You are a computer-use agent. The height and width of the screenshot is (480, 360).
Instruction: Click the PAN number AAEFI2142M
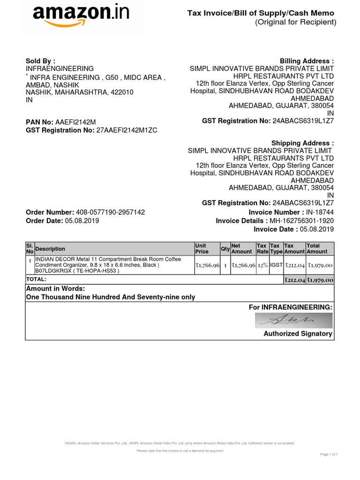tap(75, 122)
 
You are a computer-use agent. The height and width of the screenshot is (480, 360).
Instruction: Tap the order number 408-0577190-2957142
tap(110, 212)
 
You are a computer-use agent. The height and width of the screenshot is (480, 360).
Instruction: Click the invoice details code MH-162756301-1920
tap(302, 221)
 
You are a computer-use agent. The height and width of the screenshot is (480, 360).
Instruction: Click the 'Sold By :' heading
tap(40, 61)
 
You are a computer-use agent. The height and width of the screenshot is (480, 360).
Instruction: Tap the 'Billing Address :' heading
tap(307, 61)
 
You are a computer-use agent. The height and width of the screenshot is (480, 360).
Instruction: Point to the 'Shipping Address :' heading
tap(303, 143)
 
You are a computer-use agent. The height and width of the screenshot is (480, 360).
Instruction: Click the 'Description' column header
tap(50, 249)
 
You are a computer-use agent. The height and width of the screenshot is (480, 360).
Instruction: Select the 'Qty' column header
tap(225, 248)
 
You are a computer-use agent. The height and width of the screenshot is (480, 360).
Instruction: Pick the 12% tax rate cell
tap(262, 265)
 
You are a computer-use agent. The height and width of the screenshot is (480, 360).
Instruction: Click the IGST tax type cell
tap(276, 265)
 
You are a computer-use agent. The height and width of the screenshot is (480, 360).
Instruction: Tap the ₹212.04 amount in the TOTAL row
tap(294, 280)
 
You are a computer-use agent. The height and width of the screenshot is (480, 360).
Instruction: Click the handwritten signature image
tap(293, 321)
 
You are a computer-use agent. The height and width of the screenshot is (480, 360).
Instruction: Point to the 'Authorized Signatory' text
tap(298, 334)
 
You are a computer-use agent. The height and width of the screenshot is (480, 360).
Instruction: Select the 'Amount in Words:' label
tap(55, 289)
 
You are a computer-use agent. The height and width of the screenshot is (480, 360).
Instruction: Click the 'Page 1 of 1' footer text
tap(329, 454)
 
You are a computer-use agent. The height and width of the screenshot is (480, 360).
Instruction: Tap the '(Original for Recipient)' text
tap(295, 22)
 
